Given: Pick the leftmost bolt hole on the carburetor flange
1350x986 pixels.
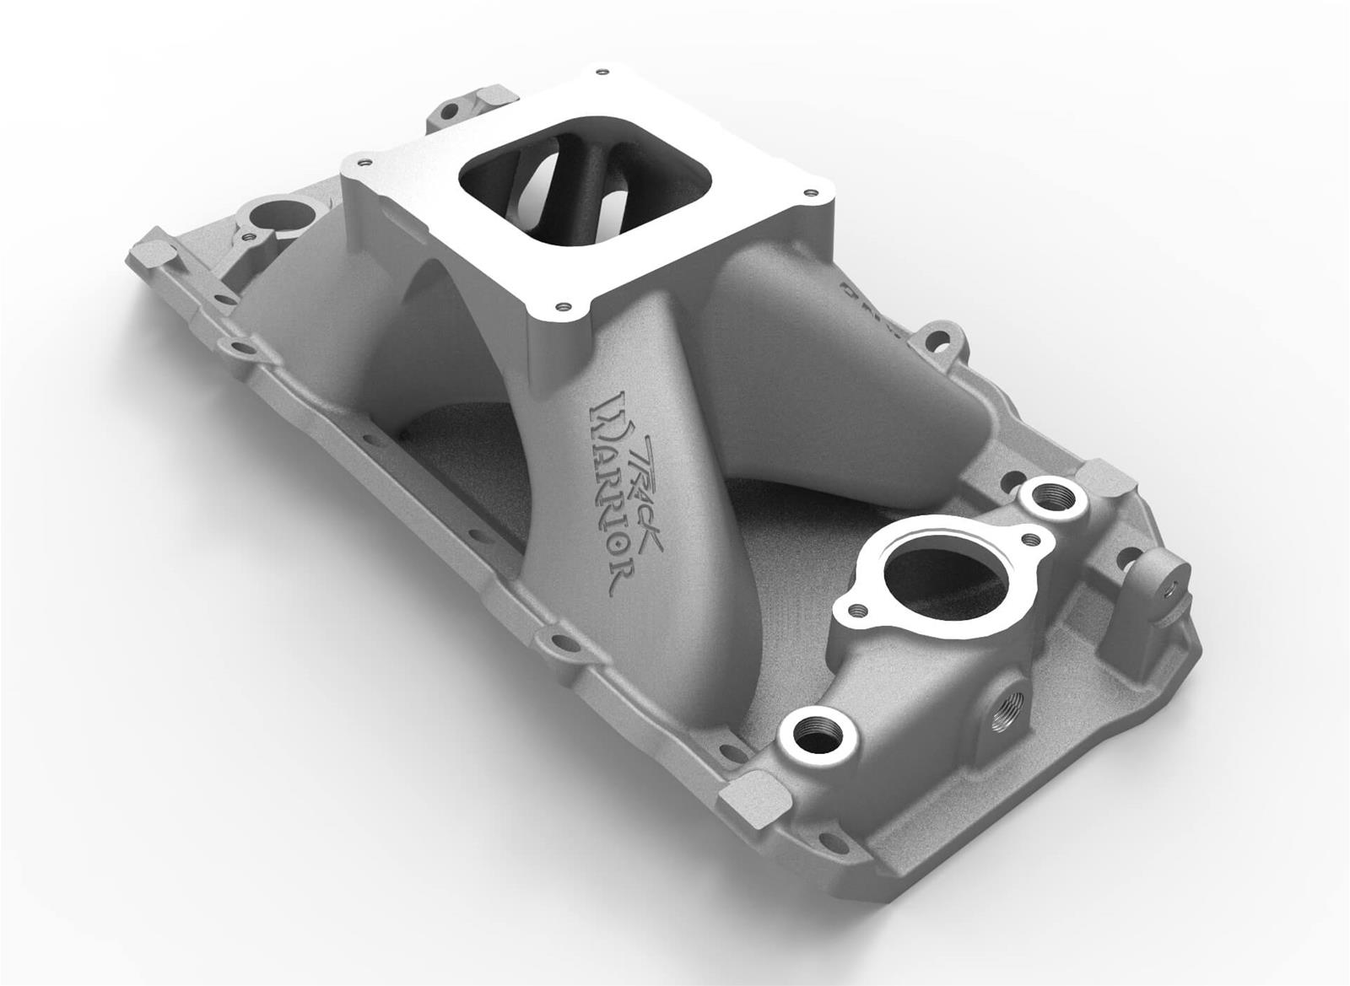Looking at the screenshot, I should point(363,158).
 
